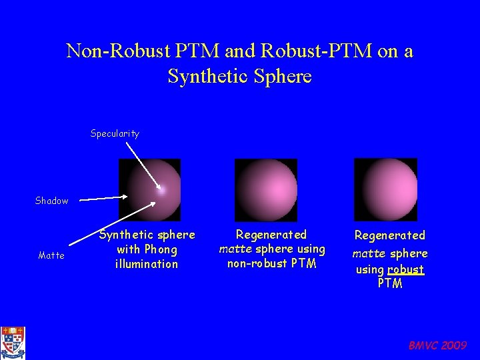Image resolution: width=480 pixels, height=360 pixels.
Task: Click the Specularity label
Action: click(x=115, y=133)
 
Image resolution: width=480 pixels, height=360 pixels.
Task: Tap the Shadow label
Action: click(x=51, y=201)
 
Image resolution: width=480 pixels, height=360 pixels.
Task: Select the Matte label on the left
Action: click(x=51, y=255)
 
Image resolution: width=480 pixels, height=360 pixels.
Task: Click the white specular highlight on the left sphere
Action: click(x=161, y=189)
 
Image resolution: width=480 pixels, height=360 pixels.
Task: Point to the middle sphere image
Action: click(x=266, y=190)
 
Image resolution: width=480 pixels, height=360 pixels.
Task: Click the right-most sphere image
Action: click(x=385, y=190)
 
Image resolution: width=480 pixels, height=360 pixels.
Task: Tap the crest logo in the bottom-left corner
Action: click(x=12, y=343)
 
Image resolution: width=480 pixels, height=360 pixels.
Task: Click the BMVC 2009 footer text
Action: click(x=437, y=345)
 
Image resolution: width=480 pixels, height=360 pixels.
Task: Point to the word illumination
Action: click(x=147, y=263)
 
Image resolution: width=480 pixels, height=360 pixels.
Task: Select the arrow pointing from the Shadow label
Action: click(x=100, y=197)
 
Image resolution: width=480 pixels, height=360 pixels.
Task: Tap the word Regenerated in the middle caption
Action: click(x=271, y=235)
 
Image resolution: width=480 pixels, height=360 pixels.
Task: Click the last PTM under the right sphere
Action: click(x=390, y=283)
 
